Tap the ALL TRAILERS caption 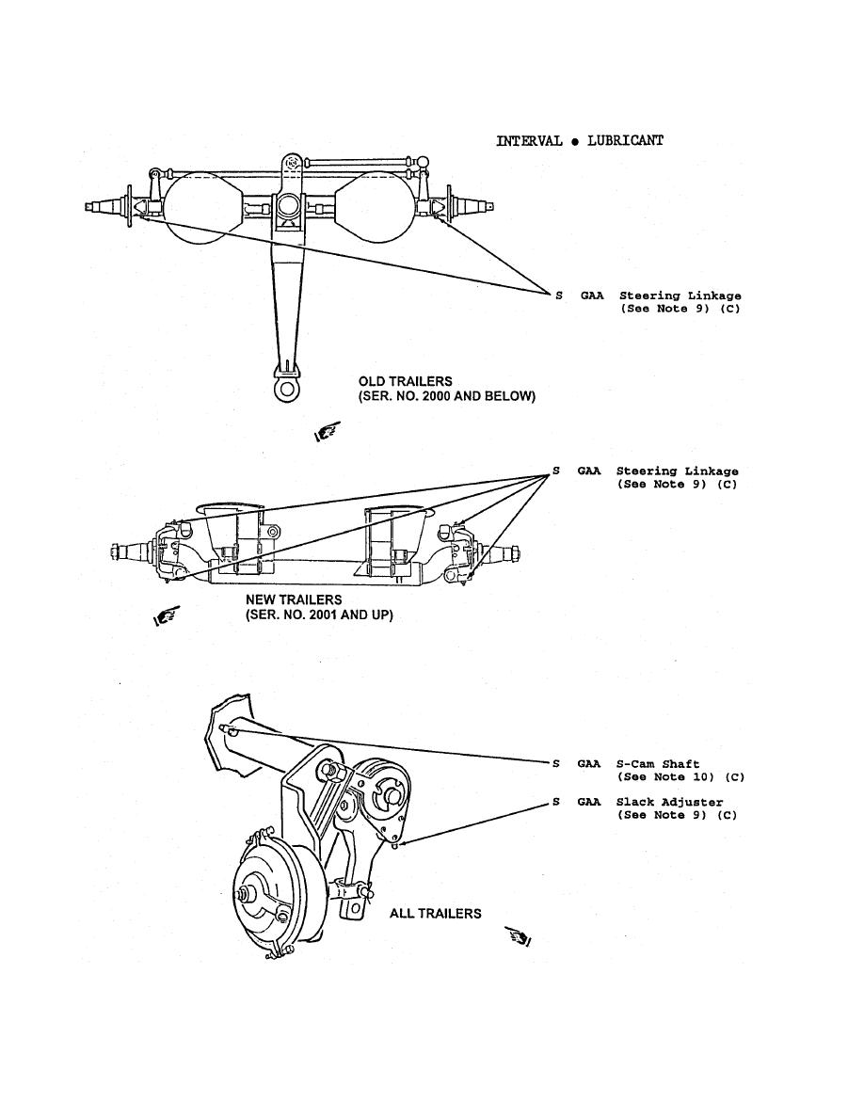pyautogui.click(x=435, y=914)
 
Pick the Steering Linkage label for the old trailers pyautogui.click(x=680, y=296)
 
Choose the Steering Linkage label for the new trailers pyautogui.click(x=677, y=471)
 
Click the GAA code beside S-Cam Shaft pyautogui.click(x=589, y=765)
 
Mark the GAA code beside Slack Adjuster pyautogui.click(x=589, y=803)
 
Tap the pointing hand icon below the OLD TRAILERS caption pyautogui.click(x=327, y=434)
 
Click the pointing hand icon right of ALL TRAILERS pyautogui.click(x=519, y=936)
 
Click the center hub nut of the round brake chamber pyautogui.click(x=254, y=893)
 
